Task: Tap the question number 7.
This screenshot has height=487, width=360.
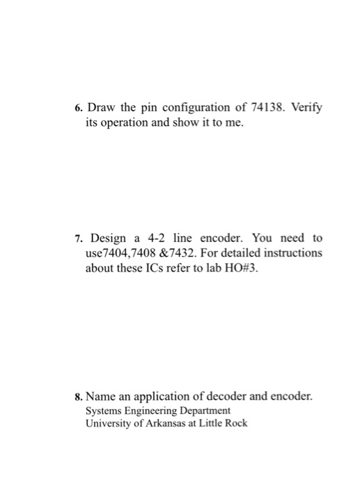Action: pos(79,237)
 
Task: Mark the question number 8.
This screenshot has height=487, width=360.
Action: pos(79,397)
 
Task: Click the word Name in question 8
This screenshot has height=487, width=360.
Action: pos(101,397)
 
